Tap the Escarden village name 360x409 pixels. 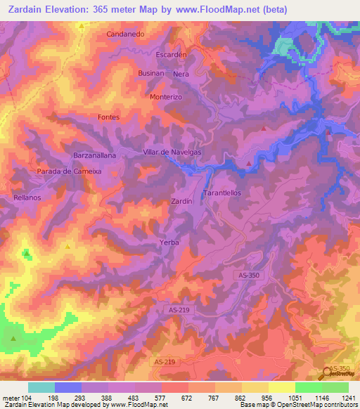pos(171,54)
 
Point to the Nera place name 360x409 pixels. pos(181,73)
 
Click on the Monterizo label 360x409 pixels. pos(166,97)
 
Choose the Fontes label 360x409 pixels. pos(109,117)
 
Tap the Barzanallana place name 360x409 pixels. pos(94,155)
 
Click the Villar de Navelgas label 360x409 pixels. pos(172,152)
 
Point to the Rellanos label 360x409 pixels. pos(27,198)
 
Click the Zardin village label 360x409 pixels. pos(182,202)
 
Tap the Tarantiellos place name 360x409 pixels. pos(222,192)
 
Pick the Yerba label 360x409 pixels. pos(169,242)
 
